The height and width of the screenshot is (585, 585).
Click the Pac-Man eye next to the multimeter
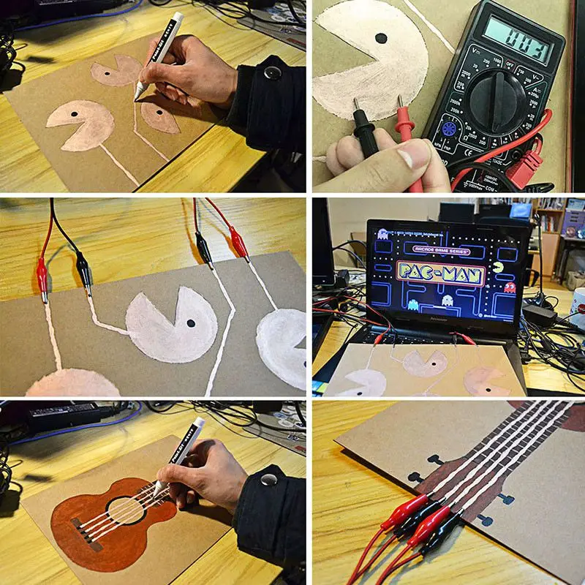pyautogui.click(x=380, y=38)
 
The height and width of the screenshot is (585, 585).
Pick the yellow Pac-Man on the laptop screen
pyautogui.click(x=499, y=267)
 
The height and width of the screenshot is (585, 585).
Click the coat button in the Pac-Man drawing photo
pyautogui.click(x=273, y=72)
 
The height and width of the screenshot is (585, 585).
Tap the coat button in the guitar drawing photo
pyautogui.click(x=268, y=480)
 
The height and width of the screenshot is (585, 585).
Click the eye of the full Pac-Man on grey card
pyautogui.click(x=190, y=322)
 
